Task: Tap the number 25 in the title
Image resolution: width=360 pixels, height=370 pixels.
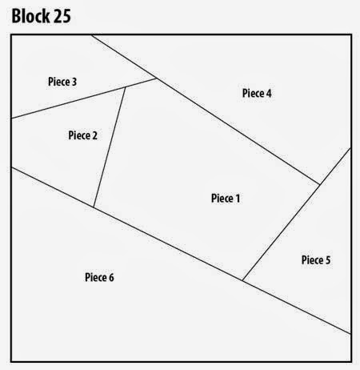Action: point(62,16)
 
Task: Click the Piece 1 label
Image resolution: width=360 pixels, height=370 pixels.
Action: point(226,199)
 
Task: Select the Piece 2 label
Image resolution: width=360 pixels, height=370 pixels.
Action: point(83,135)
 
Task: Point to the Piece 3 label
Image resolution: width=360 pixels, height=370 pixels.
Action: point(62,82)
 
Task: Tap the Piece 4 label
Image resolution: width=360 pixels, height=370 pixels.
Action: point(257,93)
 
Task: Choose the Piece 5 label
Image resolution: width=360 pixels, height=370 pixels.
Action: point(316,260)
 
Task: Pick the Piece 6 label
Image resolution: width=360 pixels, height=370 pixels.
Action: point(99,277)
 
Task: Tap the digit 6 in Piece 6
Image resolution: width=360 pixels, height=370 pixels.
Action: point(111,278)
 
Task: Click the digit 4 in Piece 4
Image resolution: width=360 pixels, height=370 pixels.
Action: point(269,94)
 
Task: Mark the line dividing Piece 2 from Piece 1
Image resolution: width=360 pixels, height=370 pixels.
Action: point(110,147)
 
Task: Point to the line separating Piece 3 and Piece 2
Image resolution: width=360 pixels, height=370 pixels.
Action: point(69,103)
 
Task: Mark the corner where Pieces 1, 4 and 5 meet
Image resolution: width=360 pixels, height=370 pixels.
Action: point(319,184)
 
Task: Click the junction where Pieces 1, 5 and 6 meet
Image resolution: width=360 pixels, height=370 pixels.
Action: point(242,280)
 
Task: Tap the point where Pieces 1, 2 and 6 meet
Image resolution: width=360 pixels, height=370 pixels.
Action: point(94,207)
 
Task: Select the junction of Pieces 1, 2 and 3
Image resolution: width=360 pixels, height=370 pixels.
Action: point(126,87)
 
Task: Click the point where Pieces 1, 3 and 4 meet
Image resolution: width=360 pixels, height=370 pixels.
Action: point(157,78)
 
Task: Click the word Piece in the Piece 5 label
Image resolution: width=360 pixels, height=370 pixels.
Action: point(311,260)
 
